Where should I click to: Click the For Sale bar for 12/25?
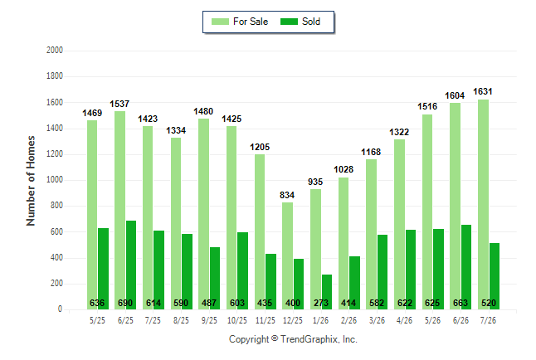click(287, 255)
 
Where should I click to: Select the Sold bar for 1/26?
click(327, 292)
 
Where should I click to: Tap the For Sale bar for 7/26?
click(484, 204)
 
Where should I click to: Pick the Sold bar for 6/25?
click(131, 265)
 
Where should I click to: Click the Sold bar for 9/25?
click(215, 278)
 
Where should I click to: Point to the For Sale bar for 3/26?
click(371, 234)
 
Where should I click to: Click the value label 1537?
click(119, 104)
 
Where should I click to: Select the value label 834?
click(287, 195)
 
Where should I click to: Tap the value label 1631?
click(483, 91)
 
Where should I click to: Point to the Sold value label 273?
click(320, 303)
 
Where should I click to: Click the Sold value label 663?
click(460, 303)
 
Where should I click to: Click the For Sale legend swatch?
click(220, 22)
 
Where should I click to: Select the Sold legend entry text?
click(311, 22)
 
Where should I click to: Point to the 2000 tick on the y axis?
click(55, 51)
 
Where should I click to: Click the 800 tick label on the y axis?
click(56, 206)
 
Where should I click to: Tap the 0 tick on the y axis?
click(61, 309)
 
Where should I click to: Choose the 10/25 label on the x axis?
click(237, 320)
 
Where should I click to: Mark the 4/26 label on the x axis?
click(404, 320)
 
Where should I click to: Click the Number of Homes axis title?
click(31, 181)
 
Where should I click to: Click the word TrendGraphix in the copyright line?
click(309, 339)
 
